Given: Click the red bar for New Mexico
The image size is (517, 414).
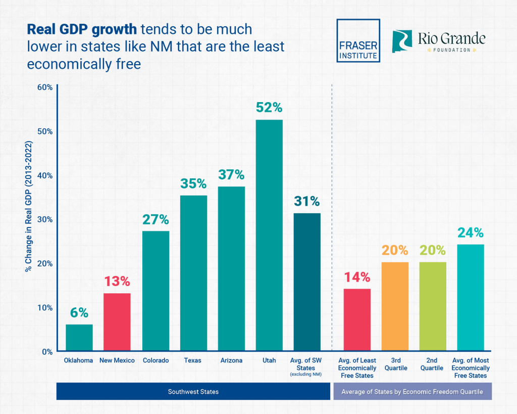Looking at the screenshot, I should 117,322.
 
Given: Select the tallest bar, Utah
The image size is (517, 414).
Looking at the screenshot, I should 269,235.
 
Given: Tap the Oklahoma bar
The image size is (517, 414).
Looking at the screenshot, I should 79,338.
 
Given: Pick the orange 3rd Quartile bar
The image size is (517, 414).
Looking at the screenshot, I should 395,306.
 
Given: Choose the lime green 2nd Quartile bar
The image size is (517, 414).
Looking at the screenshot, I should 433,306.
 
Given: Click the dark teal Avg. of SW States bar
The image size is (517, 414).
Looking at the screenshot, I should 307,282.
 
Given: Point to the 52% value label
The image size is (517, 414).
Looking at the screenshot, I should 269,108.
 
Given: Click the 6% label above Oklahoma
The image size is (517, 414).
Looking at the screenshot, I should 79,313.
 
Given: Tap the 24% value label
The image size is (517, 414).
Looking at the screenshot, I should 471,233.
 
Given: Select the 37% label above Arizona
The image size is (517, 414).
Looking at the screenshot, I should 231,175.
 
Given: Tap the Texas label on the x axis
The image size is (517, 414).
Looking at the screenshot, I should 193,360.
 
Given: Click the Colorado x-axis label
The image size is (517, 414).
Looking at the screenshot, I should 156,360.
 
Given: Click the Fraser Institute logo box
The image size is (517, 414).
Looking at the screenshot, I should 358,41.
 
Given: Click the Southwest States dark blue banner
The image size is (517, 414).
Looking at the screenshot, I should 193,392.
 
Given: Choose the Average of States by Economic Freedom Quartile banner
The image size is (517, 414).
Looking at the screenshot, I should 412,392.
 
